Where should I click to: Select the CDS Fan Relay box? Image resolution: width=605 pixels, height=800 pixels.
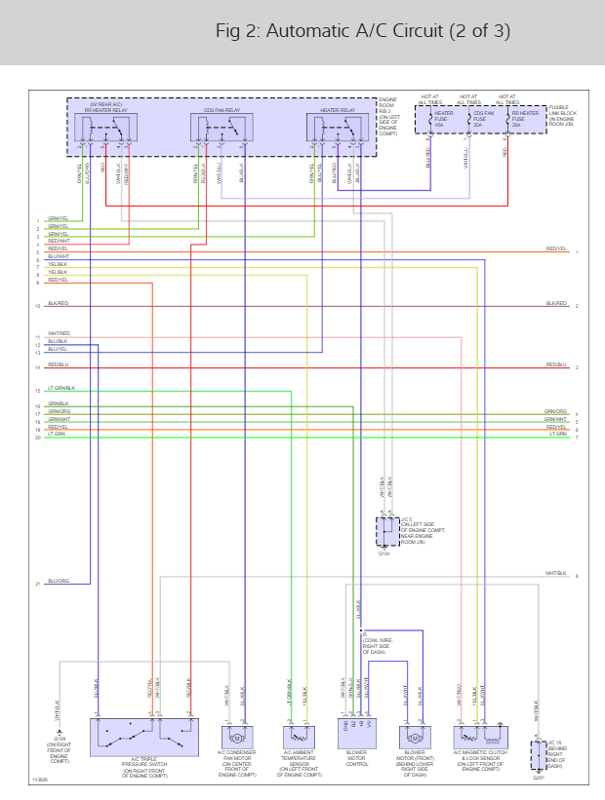pos(222,131)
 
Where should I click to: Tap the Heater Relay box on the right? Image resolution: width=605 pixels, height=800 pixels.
pos(338,131)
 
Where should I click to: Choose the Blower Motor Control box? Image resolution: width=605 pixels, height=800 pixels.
pos(355,736)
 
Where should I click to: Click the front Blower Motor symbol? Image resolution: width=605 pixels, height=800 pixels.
pos(414,738)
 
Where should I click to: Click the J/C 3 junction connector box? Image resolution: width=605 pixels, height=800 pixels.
pos(387,533)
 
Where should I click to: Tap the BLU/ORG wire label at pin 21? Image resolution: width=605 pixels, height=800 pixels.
pos(58,581)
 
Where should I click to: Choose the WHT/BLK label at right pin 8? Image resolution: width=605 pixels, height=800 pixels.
pos(555,573)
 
